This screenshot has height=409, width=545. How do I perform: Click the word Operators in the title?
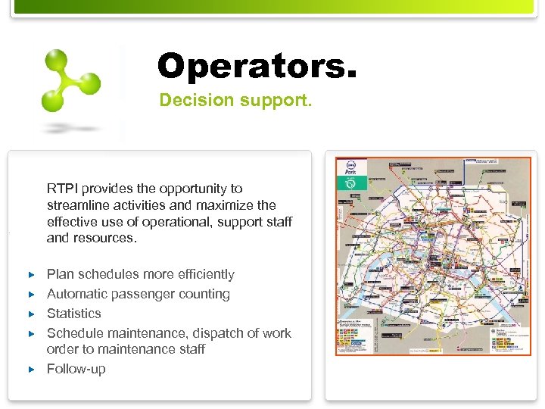coord(250,67)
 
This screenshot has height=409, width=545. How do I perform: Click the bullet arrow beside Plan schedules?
coord(31,274)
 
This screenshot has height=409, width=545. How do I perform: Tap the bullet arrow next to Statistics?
coord(31,314)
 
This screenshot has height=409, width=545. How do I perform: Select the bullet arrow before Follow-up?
coord(31,370)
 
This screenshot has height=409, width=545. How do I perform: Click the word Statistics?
coord(73,314)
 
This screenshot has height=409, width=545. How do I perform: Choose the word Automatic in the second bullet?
coord(76,294)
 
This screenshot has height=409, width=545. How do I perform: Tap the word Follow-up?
coord(76,370)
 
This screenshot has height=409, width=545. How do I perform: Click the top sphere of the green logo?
coord(56,58)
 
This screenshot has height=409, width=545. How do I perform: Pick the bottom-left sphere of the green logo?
coord(52,101)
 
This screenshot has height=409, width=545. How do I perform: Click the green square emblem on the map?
coord(352,183)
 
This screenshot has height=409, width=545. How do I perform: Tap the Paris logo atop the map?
coord(352,167)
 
